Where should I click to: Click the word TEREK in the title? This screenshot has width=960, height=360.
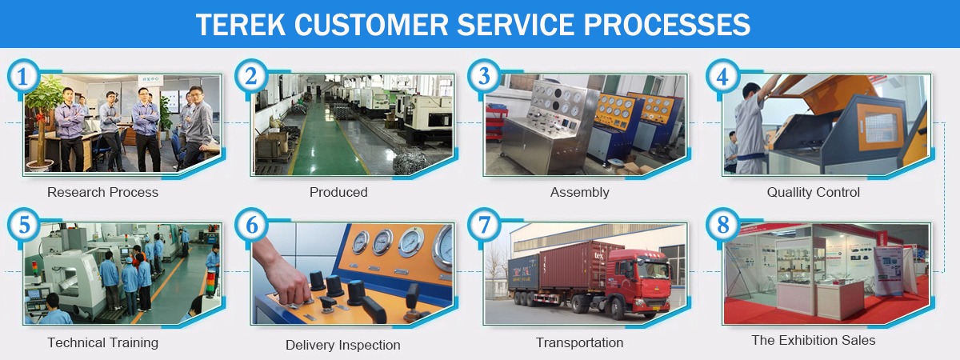point(241,25)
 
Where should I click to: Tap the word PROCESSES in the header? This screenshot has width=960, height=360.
point(667,25)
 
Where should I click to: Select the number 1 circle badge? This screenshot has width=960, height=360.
point(23,76)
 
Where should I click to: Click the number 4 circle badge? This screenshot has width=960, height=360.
point(722,76)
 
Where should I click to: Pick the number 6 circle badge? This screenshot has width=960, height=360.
point(251,225)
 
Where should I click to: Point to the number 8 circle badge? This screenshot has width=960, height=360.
point(722,225)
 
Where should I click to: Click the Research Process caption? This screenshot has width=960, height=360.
point(103,193)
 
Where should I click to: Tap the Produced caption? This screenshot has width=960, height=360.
point(338,193)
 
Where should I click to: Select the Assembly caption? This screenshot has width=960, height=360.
point(579,193)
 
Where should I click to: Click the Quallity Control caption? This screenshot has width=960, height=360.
point(814,193)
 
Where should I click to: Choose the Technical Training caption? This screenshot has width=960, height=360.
point(103,342)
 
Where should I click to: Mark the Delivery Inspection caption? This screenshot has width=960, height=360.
point(343,345)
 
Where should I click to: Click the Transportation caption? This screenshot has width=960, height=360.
point(579,342)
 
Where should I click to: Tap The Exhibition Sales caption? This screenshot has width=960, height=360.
point(814,340)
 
